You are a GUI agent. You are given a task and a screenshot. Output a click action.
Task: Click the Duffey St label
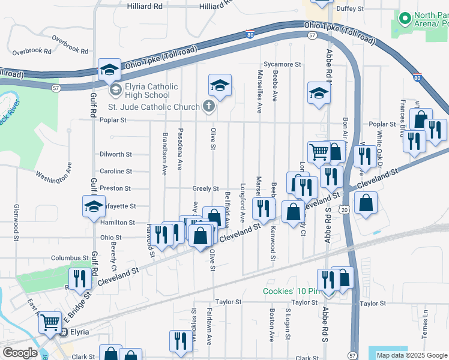[352, 9]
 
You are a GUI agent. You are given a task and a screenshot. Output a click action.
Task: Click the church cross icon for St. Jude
[208, 107]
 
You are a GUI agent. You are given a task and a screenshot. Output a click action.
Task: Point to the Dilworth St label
[116, 154]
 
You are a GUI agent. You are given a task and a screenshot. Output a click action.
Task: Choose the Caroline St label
[116, 171]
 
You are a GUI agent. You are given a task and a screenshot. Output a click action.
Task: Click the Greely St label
[205, 188]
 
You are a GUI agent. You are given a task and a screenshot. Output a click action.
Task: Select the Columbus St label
[70, 257]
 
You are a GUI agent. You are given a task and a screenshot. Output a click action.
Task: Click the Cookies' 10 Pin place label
[290, 292]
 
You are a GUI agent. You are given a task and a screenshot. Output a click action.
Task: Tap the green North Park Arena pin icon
[405, 18]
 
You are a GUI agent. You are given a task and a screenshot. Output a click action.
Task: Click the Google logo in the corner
[19, 353]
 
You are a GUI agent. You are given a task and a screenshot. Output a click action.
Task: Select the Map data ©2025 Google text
[411, 355]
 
